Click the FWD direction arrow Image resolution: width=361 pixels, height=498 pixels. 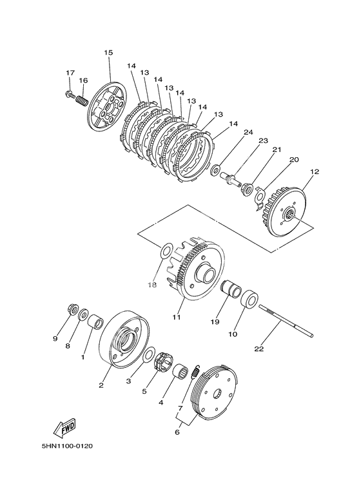pyautogui.click(x=64, y=427)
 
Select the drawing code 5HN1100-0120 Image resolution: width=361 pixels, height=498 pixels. pyautogui.click(x=67, y=446)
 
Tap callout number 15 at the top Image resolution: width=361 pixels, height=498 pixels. pyautogui.click(x=108, y=52)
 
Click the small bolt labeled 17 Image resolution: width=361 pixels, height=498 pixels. pyautogui.click(x=70, y=93)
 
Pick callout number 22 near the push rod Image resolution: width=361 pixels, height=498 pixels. pyautogui.click(x=259, y=349)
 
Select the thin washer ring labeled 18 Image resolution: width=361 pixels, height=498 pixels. pyautogui.click(x=165, y=251)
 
